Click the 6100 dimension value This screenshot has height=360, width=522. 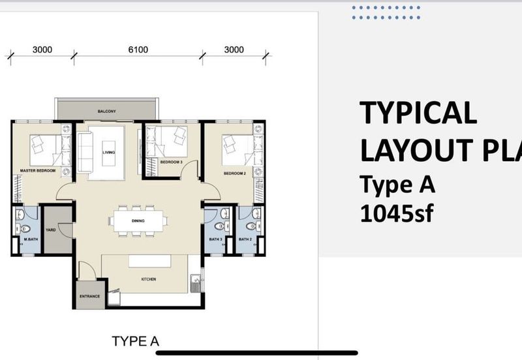tap(136, 50)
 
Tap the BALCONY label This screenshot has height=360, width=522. tap(107, 112)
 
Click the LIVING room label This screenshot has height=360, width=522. tap(108, 153)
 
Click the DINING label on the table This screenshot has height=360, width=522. tap(137, 220)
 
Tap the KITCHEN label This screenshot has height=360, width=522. tap(149, 279)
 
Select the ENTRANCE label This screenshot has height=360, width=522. tap(90, 297)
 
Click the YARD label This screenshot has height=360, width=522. tap(50, 230)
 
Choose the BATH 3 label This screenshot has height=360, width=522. tap(217, 239)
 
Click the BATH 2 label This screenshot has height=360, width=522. tap(245, 239)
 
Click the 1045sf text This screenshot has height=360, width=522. tap(396, 213)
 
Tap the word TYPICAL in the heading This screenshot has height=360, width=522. tap(418, 113)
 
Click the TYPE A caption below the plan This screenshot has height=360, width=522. tap(135, 341)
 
